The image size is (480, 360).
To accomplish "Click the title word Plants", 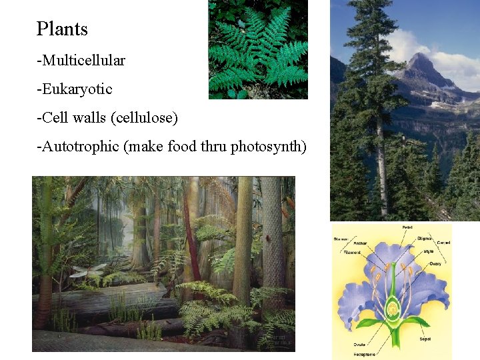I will (x=62, y=29).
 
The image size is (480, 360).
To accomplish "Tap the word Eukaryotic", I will (x=76, y=89).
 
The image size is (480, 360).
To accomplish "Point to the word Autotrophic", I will (x=80, y=147).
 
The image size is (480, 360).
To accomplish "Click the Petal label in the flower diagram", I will (x=407, y=228).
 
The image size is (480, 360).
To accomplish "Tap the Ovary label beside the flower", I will (x=435, y=263).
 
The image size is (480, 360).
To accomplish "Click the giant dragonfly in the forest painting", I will (x=88, y=271).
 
